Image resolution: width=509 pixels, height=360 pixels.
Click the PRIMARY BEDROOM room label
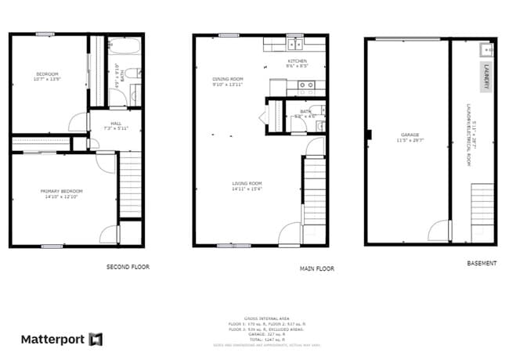coord(62,191)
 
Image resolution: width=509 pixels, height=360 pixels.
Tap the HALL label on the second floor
coord(116,124)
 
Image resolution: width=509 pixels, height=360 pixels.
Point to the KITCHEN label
coord(297,61)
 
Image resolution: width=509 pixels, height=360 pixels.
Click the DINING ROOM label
coord(228,79)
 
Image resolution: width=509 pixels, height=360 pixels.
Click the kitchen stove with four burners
coord(305,85)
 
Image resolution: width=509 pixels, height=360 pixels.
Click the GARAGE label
coord(407,135)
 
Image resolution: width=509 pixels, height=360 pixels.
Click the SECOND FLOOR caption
coord(128,267)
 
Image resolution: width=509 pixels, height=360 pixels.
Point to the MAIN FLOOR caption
coord(317,268)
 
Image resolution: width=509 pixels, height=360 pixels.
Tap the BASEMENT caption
coord(481,264)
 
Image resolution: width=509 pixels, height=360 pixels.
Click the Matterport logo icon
coord(96,340)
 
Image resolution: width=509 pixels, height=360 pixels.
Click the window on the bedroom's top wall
coord(45,34)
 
